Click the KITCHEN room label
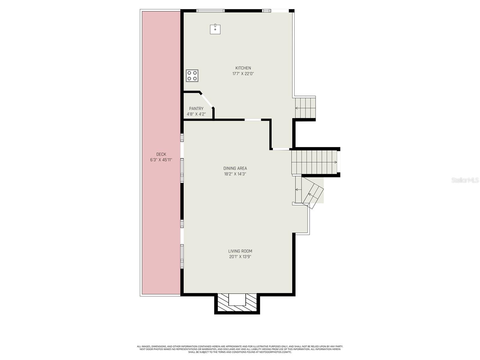(x=243, y=68)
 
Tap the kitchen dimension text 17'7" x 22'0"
(x=243, y=74)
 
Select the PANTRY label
(x=196, y=109)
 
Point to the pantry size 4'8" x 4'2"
(x=196, y=114)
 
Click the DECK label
(x=161, y=154)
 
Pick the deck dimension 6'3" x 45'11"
(x=161, y=160)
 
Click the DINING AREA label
(x=235, y=168)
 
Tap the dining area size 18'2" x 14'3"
(x=235, y=174)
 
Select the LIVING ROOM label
(x=240, y=251)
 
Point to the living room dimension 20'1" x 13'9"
(x=240, y=257)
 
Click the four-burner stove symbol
(x=192, y=76)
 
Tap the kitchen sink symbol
(x=215, y=29)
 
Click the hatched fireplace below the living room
(x=237, y=304)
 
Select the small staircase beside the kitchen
(x=305, y=107)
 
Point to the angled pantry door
(x=207, y=99)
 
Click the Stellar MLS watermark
(x=465, y=180)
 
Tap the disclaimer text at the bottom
(x=240, y=349)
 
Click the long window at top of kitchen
(x=210, y=11)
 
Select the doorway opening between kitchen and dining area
(x=253, y=120)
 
